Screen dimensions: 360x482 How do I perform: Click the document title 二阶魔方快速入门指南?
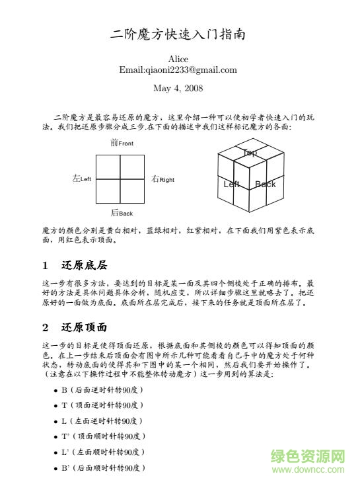click(178, 35)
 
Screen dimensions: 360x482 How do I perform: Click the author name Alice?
click(178, 60)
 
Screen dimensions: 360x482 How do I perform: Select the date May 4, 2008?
click(178, 87)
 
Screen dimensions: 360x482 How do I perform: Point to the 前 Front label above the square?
click(122, 143)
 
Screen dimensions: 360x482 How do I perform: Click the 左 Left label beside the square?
click(81, 179)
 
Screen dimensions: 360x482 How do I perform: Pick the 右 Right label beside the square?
click(162, 179)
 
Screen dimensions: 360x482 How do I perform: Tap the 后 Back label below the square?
click(122, 213)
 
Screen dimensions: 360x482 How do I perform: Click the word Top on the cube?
click(250, 153)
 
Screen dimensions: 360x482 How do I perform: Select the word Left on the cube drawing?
click(231, 184)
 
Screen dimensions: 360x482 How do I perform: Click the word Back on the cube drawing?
click(266, 184)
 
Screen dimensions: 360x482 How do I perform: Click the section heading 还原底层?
click(85, 266)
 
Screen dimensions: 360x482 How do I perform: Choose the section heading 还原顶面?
click(85, 327)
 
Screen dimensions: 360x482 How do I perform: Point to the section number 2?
click(45, 327)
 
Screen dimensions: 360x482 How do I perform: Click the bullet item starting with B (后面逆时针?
click(102, 389)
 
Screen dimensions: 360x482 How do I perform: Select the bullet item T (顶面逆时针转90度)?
click(102, 405)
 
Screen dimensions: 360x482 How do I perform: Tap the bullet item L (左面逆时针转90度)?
click(102, 421)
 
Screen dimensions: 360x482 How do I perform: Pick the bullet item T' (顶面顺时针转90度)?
click(104, 436)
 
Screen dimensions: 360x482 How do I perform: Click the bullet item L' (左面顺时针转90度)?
click(104, 452)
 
